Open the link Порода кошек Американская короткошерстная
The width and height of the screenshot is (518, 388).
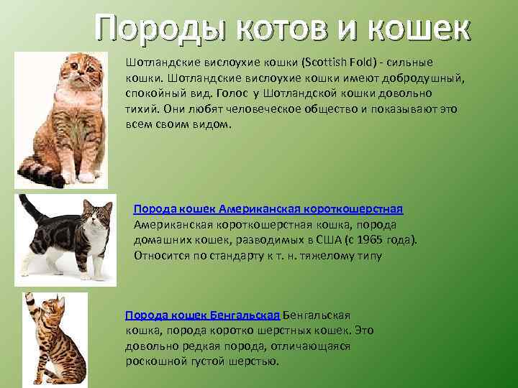pos(268,208)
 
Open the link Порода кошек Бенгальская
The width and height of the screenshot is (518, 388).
pos(202,315)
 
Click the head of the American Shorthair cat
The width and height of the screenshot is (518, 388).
pos(98,215)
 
